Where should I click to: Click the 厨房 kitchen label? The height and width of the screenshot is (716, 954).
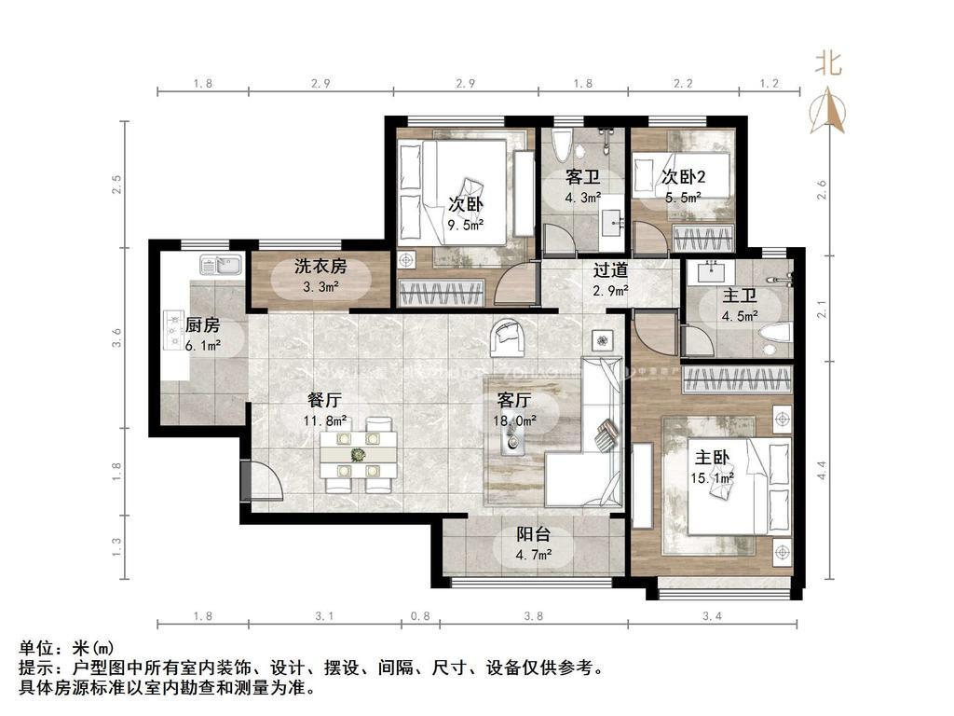202,325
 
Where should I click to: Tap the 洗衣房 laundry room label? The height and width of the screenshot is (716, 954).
320,266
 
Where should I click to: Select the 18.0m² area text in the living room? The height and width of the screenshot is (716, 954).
514,420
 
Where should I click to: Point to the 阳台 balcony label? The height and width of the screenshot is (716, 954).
534,534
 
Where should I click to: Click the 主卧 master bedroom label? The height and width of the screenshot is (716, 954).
712,457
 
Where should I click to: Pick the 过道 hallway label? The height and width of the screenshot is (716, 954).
610,269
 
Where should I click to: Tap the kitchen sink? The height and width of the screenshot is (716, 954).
220,265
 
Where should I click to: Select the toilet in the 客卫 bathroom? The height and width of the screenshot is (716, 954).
560,146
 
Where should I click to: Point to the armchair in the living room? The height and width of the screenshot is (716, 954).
508,337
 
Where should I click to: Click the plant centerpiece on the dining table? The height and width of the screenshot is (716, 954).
359,454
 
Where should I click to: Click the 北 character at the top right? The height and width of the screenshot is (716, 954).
828,62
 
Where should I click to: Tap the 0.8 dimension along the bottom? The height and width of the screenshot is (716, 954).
420,616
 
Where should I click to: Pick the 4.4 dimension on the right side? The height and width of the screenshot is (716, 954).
822,470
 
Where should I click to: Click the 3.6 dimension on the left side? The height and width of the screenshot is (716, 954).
116,337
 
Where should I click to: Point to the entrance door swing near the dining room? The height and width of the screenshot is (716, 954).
266,481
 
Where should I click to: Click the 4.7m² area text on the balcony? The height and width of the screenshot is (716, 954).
534,555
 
